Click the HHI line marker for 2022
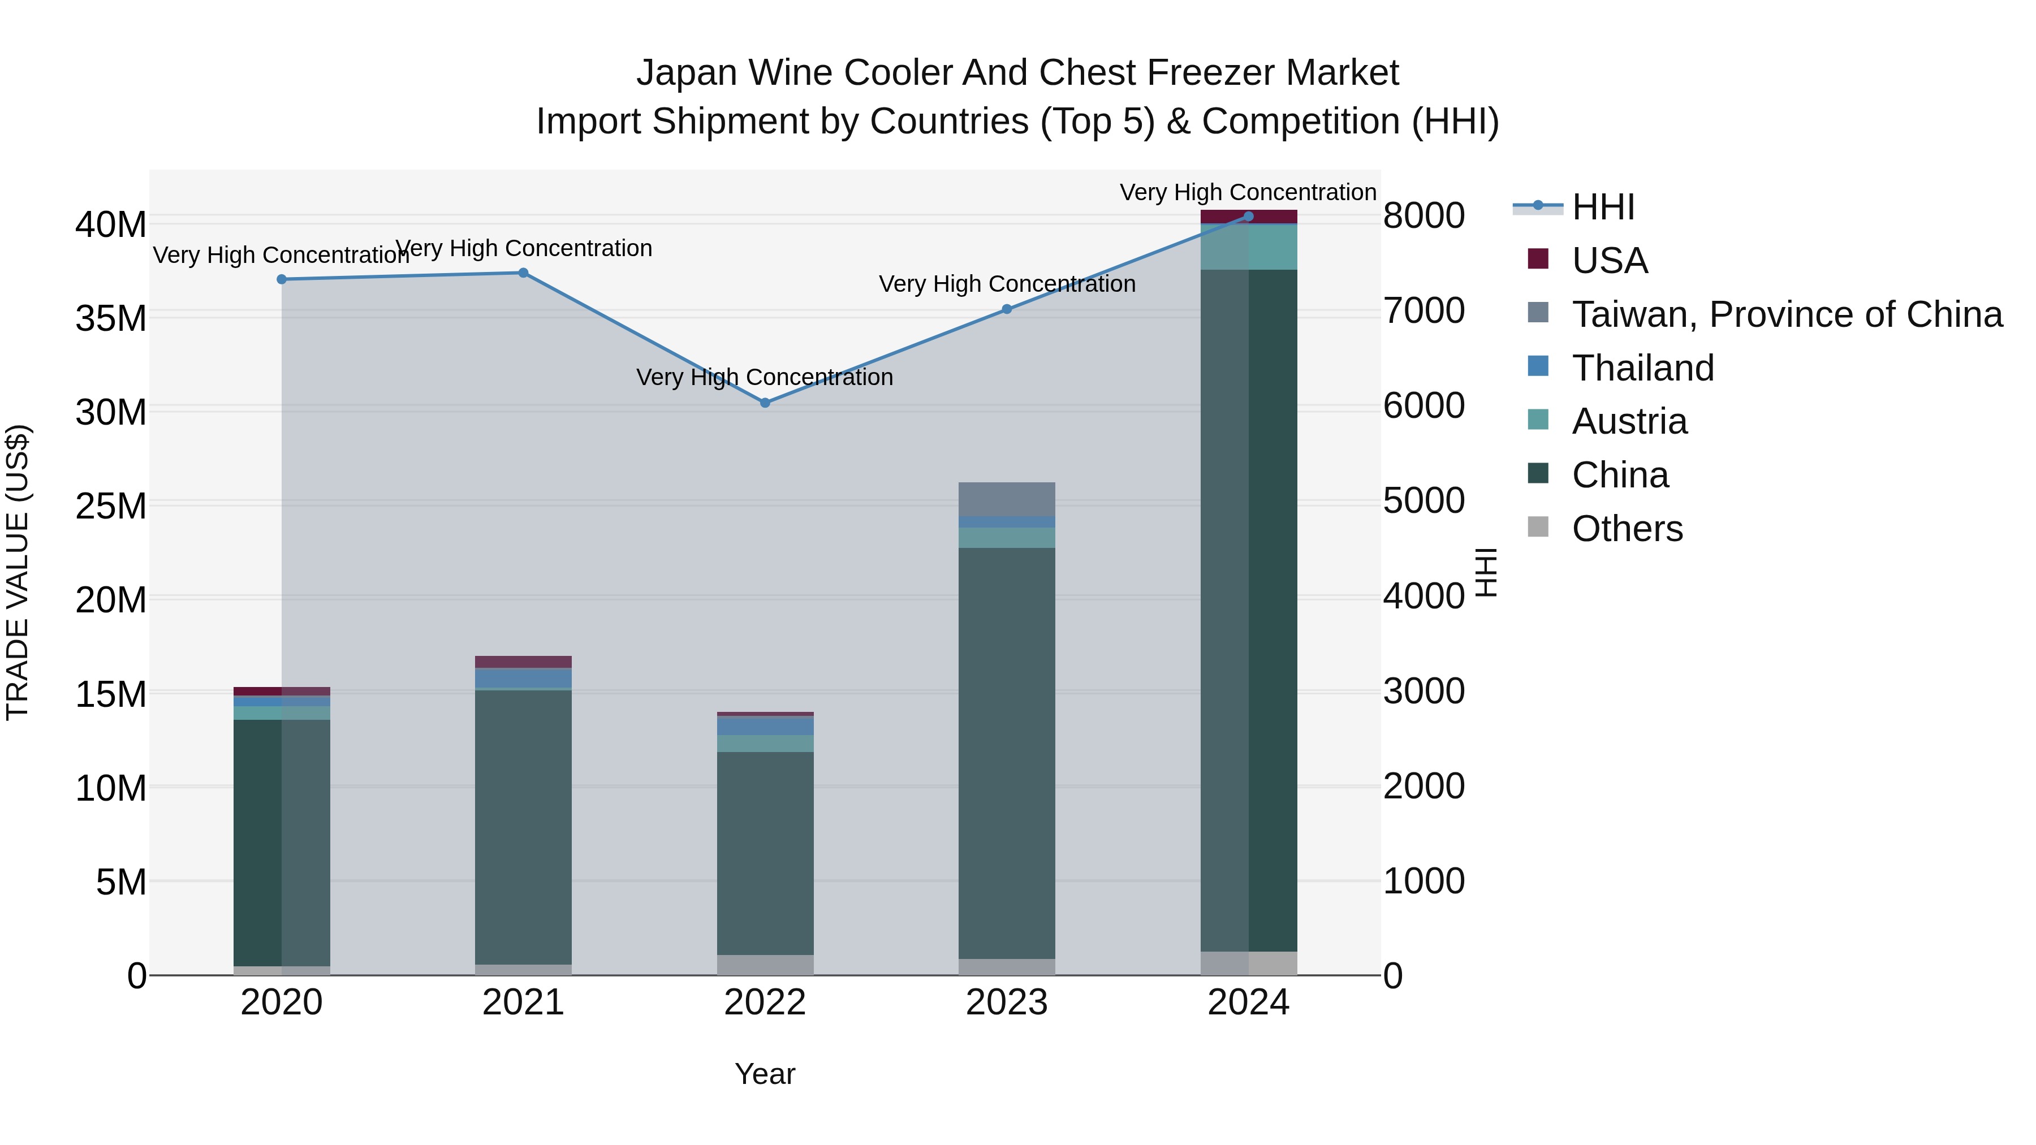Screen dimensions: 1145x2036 [x=764, y=403]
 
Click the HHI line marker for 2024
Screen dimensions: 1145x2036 [x=1248, y=217]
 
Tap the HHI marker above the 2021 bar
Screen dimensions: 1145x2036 [x=523, y=274]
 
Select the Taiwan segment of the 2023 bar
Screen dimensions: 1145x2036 [x=1006, y=499]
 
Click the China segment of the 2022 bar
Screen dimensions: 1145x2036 [x=764, y=853]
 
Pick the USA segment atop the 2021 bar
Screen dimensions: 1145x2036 [x=523, y=662]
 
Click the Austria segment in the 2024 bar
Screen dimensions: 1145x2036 [x=1248, y=247]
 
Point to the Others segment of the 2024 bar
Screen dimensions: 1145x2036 [x=1248, y=963]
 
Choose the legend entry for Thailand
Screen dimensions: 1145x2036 [x=1642, y=368]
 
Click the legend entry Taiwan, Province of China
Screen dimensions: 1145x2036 [x=1786, y=314]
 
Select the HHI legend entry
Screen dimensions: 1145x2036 [x=1603, y=207]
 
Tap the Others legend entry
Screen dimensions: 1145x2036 [x=1627, y=529]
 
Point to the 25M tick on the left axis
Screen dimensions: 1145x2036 [x=111, y=505]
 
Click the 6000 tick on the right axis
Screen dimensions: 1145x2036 [x=1424, y=405]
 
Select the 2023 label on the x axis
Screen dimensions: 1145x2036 [x=1006, y=1003]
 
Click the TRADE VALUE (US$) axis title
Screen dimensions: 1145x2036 [x=18, y=572]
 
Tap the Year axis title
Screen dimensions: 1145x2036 [x=764, y=1074]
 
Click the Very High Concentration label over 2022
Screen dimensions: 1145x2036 [x=764, y=378]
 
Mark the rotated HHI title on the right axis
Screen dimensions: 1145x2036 [x=1486, y=572]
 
